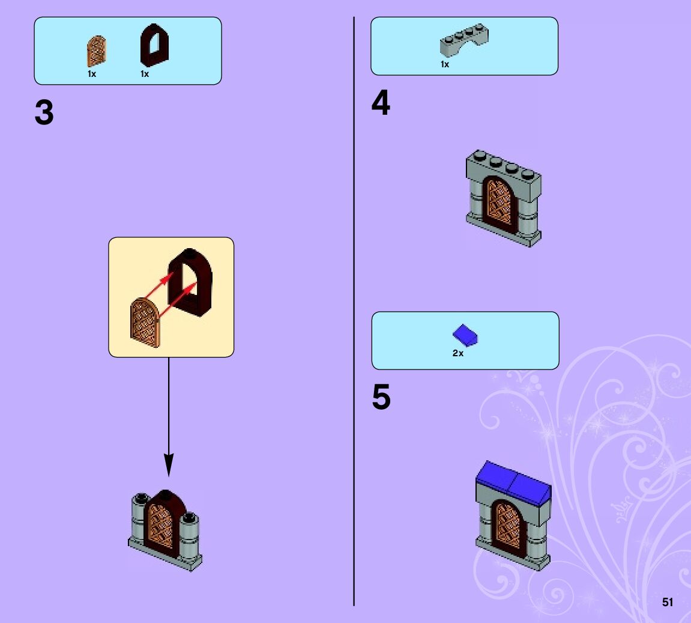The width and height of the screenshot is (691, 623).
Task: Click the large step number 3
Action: coord(44,113)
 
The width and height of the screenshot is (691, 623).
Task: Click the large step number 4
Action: coord(381,103)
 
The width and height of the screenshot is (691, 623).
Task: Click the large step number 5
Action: coord(381,398)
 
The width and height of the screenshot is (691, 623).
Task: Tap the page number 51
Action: coord(668,602)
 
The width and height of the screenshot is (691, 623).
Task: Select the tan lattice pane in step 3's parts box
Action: coord(96,51)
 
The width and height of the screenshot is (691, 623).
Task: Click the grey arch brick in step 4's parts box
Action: coord(463,42)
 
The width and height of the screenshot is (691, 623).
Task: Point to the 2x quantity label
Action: coord(458,354)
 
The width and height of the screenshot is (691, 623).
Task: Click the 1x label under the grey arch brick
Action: coord(445,64)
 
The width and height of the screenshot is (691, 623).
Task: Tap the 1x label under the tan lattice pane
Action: coord(92,74)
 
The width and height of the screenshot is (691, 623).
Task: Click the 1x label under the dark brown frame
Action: coord(145,74)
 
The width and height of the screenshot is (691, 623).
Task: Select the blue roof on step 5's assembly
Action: coord(513,479)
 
